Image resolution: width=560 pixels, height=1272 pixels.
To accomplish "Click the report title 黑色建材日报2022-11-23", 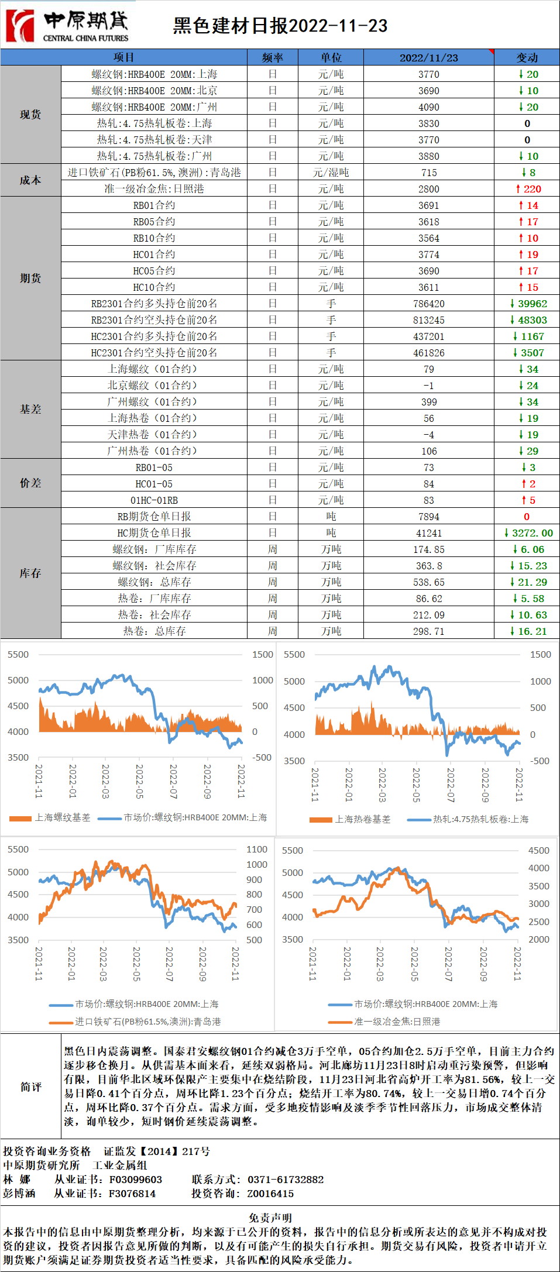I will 280,26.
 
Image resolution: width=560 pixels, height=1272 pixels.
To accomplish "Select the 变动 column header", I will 527,57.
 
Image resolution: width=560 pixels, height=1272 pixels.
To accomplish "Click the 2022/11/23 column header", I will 428,57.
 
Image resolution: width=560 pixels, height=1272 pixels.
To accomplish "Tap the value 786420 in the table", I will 428,304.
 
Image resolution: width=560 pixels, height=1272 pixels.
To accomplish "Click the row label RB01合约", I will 154,205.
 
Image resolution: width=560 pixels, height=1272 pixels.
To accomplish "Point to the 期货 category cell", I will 30,278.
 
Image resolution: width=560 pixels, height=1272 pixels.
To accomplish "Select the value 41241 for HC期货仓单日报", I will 428,533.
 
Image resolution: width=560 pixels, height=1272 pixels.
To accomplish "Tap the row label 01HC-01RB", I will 154,500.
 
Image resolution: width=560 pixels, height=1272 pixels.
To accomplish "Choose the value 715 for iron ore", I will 428,173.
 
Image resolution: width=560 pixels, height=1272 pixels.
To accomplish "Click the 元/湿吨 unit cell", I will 331,173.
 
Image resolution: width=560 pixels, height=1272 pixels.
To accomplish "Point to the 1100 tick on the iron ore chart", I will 257,849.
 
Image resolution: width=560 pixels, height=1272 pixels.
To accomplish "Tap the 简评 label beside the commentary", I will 30,1087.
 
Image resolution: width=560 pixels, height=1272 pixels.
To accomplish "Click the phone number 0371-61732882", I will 286,1180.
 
